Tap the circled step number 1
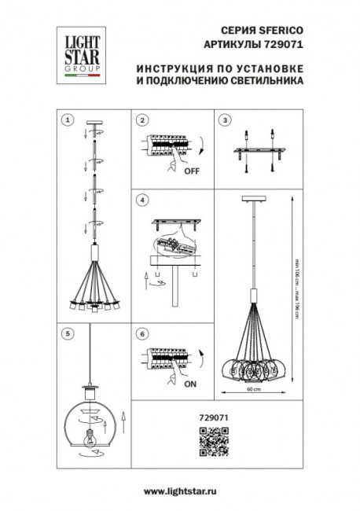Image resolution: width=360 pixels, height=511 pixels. [68, 120]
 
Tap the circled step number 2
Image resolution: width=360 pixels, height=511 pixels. [142, 120]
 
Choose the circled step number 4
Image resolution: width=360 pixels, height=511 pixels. [142, 201]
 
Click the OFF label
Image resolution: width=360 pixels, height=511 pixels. [190, 171]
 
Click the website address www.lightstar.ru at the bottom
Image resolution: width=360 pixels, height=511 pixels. [180, 491]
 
